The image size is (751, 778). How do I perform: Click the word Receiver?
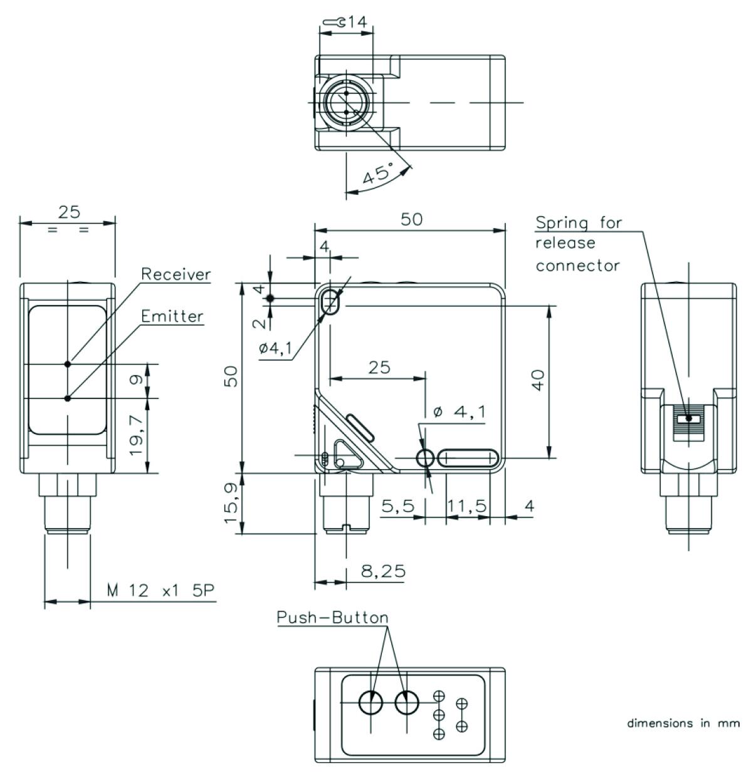(176, 274)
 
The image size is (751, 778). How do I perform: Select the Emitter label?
(172, 316)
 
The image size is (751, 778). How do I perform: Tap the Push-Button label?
(332, 617)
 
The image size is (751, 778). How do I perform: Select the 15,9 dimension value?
(231, 504)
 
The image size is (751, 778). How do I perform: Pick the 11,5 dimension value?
(466, 506)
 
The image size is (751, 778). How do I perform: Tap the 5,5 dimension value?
(397, 506)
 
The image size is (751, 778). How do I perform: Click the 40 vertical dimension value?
(538, 380)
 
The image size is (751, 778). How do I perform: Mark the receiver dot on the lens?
(68, 363)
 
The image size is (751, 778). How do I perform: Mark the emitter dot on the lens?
(68, 398)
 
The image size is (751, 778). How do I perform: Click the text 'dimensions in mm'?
(683, 723)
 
